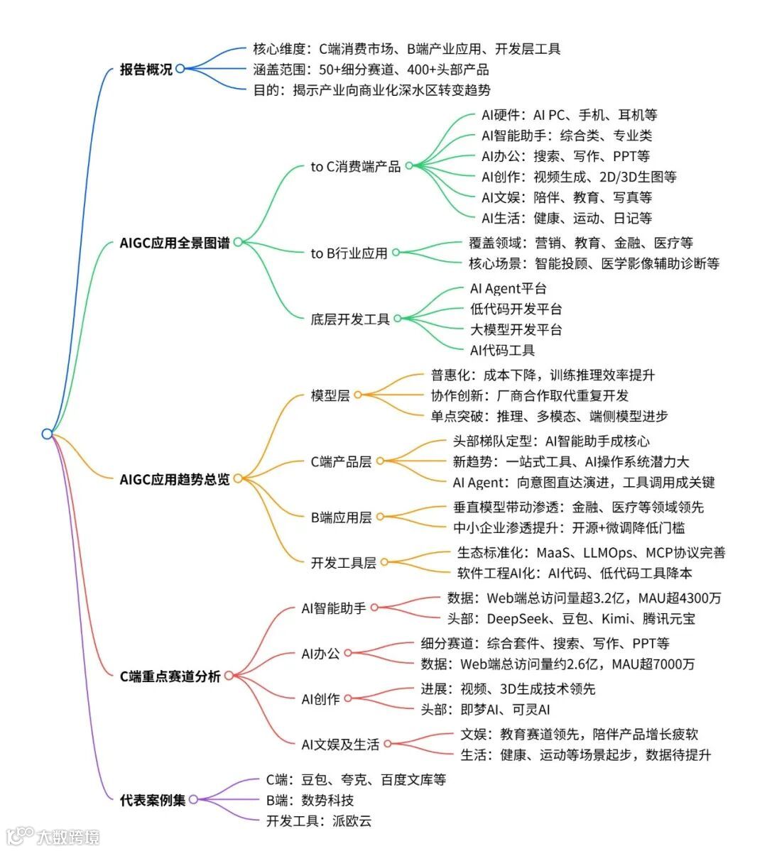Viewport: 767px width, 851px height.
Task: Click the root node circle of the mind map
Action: click(x=47, y=434)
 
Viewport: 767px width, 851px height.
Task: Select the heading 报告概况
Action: click(x=146, y=70)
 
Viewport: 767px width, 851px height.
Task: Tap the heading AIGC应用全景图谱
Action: click(x=175, y=243)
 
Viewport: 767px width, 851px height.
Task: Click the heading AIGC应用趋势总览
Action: click(x=175, y=479)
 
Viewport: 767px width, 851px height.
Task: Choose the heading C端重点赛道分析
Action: click(x=170, y=676)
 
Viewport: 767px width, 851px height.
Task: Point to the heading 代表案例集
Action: click(x=153, y=800)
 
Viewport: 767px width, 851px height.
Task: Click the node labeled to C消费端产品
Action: click(x=355, y=168)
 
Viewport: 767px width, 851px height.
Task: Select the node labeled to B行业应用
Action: click(x=349, y=253)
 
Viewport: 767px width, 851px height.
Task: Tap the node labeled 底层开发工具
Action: click(x=350, y=319)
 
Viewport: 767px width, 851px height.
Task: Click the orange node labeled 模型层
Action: click(x=330, y=395)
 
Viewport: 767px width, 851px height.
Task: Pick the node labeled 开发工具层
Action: click(x=343, y=563)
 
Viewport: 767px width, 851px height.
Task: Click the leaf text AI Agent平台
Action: click(x=508, y=288)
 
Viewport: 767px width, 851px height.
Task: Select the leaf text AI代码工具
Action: click(x=502, y=350)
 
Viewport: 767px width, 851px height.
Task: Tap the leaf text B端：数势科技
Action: click(x=310, y=801)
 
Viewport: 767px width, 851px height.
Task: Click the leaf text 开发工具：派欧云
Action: click(x=319, y=821)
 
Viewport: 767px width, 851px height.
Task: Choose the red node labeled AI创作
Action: click(x=320, y=699)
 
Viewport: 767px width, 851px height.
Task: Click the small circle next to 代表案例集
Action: click(x=193, y=800)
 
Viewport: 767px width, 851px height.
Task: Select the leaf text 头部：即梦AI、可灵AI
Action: click(x=485, y=710)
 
